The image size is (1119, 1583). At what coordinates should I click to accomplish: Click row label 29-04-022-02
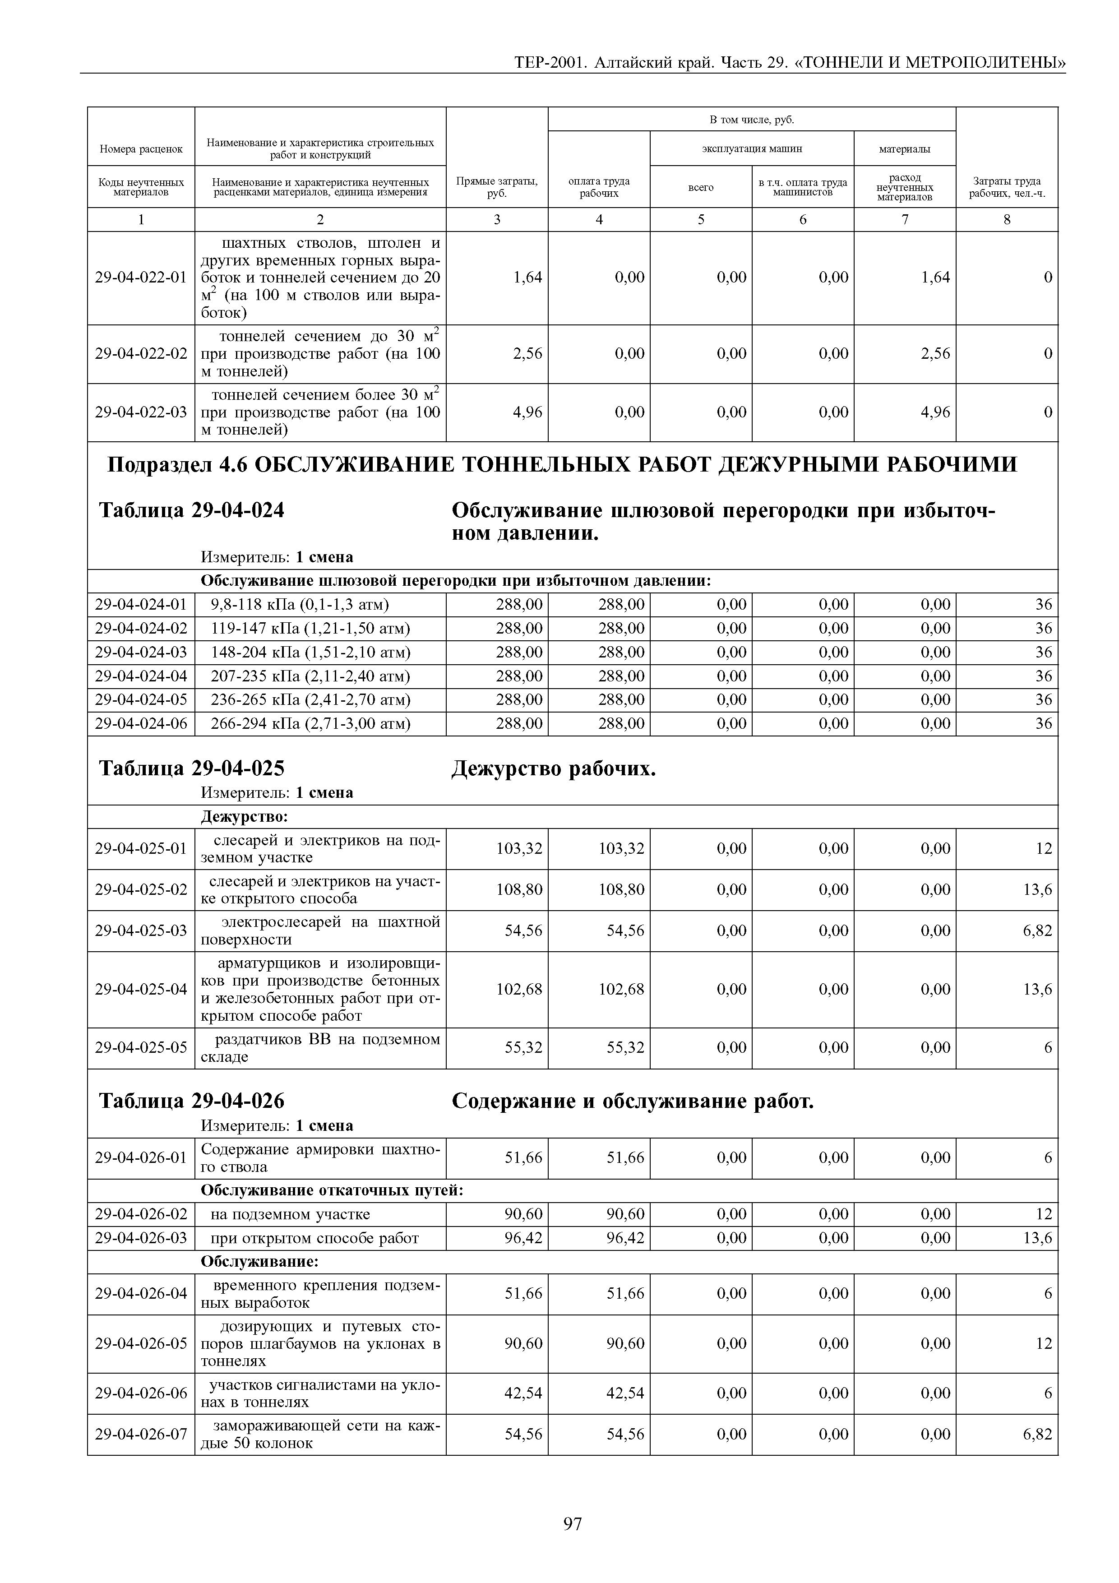141,354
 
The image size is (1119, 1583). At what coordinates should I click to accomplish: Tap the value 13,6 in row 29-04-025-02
1038,889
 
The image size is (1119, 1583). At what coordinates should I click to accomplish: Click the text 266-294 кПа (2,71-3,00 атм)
310,724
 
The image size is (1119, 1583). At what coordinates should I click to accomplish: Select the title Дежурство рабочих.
554,768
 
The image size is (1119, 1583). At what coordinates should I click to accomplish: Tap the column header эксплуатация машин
752,148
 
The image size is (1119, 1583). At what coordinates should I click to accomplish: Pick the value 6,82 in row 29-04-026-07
1038,1435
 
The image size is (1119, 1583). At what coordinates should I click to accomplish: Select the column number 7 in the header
905,219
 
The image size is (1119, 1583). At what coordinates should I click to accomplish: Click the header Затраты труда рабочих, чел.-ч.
1007,187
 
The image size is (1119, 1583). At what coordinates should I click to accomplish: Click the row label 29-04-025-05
141,1048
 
